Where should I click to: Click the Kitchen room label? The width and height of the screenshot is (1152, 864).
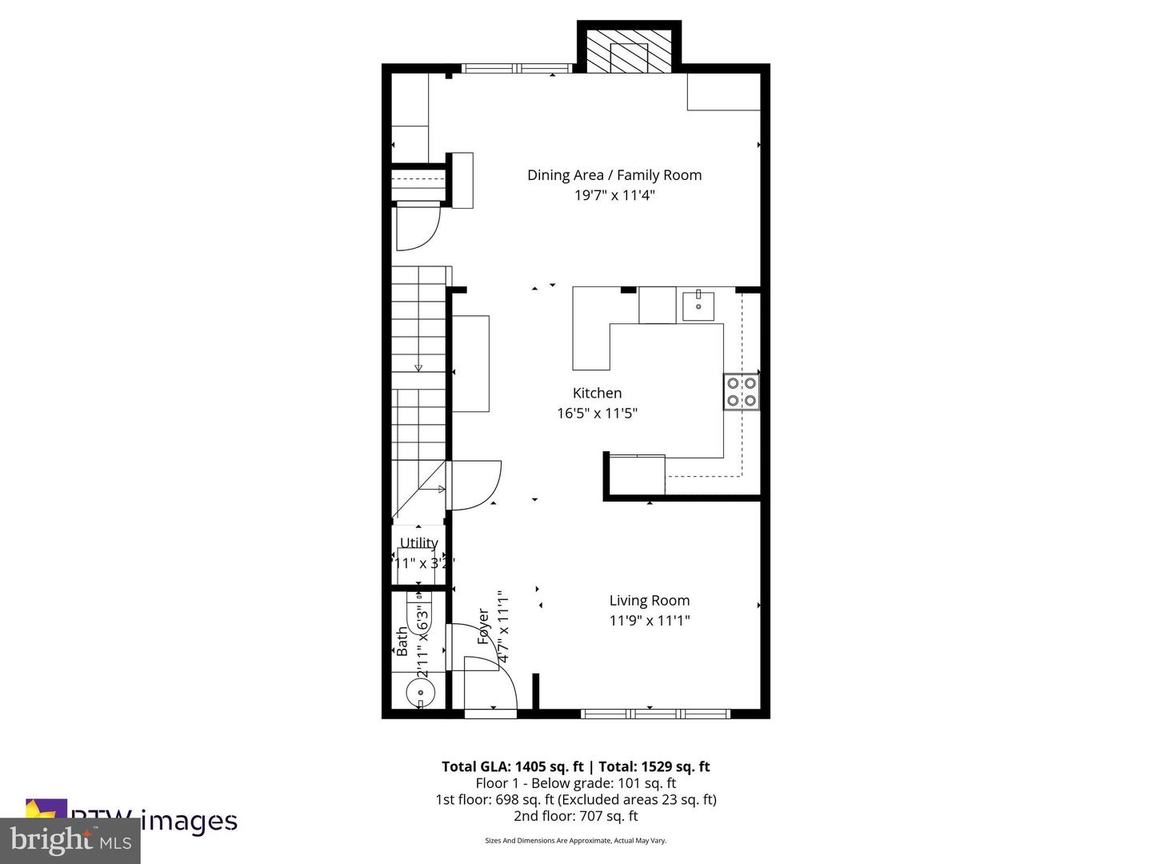pyautogui.click(x=597, y=393)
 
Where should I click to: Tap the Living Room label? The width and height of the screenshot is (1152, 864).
pyautogui.click(x=649, y=600)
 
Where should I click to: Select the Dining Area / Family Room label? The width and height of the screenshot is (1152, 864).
pyautogui.click(x=614, y=175)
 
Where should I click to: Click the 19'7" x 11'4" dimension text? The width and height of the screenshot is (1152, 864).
pyautogui.click(x=614, y=195)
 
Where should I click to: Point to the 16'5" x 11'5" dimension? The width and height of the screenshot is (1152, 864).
pyautogui.click(x=597, y=414)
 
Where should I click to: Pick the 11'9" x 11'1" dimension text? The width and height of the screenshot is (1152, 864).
pyautogui.click(x=649, y=621)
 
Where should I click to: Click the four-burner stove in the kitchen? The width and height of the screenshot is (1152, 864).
pyautogui.click(x=741, y=392)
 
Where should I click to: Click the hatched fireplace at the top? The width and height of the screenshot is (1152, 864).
pyautogui.click(x=629, y=52)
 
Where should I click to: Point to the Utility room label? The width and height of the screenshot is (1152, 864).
pyautogui.click(x=418, y=543)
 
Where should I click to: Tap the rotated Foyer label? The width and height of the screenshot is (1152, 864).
pyautogui.click(x=483, y=626)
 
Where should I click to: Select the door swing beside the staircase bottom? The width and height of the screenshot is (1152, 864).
pyautogui.click(x=475, y=484)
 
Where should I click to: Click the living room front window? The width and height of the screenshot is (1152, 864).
pyautogui.click(x=655, y=713)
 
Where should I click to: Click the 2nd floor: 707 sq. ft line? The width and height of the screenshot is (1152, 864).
pyautogui.click(x=575, y=816)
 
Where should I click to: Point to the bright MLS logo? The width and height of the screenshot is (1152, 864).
pyautogui.click(x=70, y=840)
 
